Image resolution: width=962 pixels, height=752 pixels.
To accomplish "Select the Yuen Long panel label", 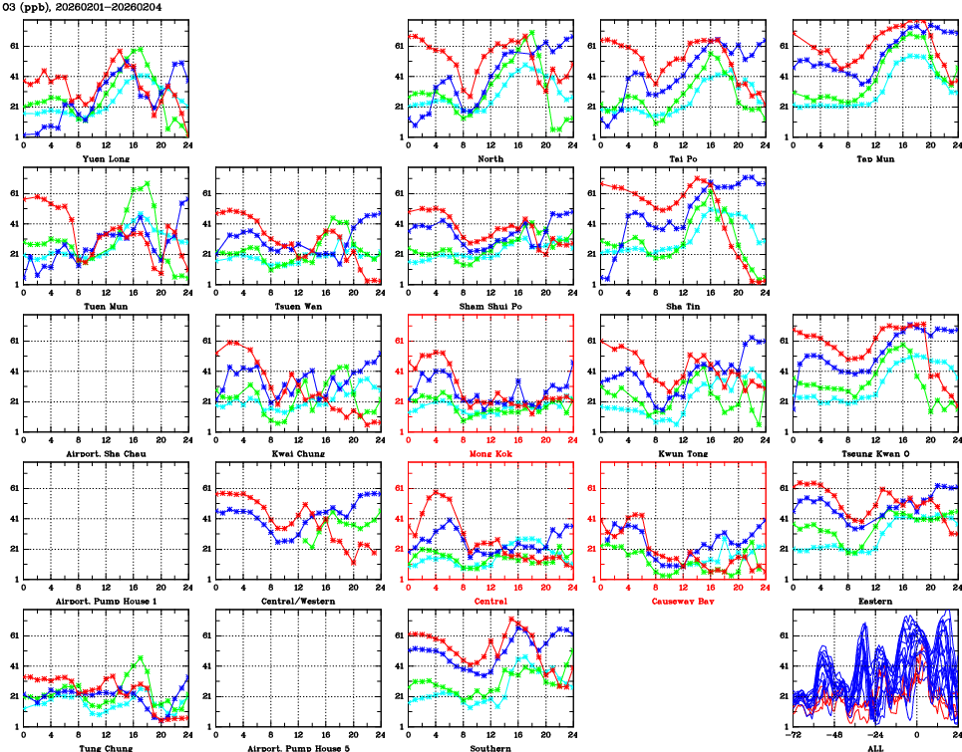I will (105, 158).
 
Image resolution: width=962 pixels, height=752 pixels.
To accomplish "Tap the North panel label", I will (490, 158).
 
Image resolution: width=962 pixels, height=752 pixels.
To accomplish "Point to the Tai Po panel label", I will (683, 158).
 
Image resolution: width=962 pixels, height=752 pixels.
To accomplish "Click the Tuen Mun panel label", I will (105, 306).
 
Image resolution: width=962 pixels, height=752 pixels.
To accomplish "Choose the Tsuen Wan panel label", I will (298, 306).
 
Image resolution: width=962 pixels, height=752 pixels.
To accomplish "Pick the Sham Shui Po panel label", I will (490, 306).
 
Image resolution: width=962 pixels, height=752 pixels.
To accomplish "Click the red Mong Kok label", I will (490, 453).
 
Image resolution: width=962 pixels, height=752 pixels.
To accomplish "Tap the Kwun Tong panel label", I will (683, 453).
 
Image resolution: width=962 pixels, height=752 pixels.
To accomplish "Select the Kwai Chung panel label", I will (298, 453).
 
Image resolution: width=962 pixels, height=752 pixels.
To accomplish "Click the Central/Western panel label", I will (298, 601).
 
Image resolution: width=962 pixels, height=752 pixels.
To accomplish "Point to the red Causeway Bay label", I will (683, 601).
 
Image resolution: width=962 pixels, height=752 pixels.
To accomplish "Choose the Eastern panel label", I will (875, 601).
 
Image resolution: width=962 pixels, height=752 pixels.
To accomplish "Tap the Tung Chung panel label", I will (105, 747).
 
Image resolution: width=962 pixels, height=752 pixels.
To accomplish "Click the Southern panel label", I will (490, 747).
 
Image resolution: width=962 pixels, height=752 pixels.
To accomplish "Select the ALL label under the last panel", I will (875, 747).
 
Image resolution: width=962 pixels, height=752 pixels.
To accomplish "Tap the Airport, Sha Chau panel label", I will (105, 453).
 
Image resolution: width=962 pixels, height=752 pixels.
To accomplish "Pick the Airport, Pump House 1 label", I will (105, 601).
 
